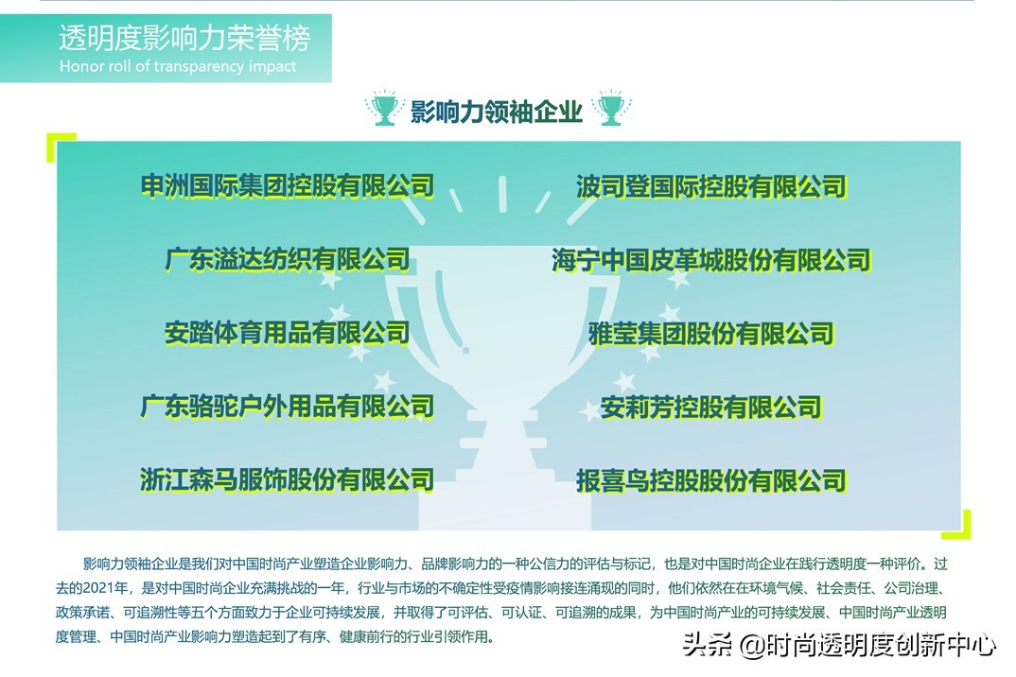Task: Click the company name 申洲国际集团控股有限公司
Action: click(288, 186)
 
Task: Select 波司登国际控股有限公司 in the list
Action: click(711, 186)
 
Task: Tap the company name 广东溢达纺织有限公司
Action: click(288, 260)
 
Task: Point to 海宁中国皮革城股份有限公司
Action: click(711, 260)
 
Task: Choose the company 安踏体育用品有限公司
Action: click(288, 333)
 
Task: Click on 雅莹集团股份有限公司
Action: click(711, 334)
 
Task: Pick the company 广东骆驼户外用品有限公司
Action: click(288, 407)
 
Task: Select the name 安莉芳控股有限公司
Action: click(711, 408)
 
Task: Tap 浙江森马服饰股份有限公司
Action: click(288, 480)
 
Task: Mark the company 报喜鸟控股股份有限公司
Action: click(711, 480)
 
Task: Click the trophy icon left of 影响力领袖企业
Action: click(384, 108)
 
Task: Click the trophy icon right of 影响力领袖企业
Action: click(610, 108)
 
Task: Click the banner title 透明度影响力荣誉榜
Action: click(184, 38)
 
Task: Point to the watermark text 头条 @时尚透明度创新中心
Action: click(839, 645)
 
